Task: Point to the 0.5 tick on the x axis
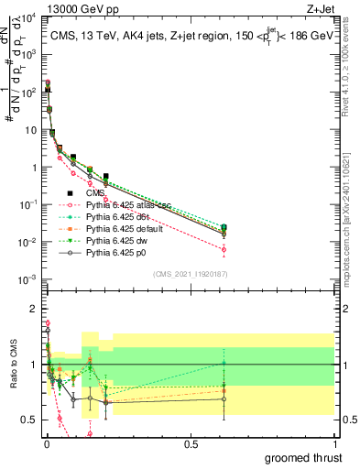point(190,443)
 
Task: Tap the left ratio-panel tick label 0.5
point(29,420)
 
